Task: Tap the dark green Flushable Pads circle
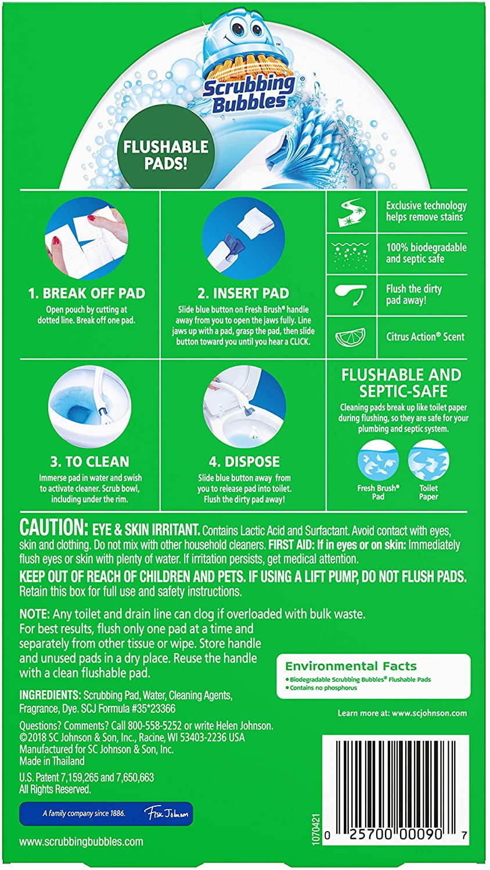pos(166,154)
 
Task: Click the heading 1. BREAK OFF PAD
pos(87,293)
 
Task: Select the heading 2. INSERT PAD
pos(243,293)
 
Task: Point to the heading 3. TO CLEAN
pos(89,462)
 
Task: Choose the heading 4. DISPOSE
pos(244,462)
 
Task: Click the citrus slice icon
pos(352,337)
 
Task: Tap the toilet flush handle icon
pos(351,294)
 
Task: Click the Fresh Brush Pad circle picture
pos(378,461)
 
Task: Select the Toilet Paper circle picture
pos(428,461)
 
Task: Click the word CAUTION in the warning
pos(53,528)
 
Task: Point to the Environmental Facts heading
pos(351,666)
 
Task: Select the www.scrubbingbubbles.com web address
pos(81,842)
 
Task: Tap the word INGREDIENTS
pos(50,695)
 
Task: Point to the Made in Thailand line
pos(52,760)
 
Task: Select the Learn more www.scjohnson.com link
pos(402,713)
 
